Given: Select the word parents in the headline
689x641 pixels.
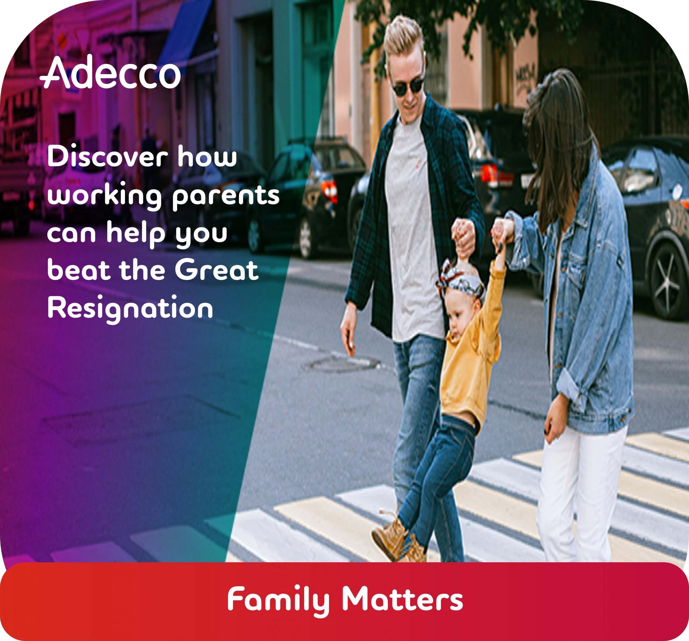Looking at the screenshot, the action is click(x=226, y=196).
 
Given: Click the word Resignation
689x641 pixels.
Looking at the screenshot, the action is click(x=130, y=308).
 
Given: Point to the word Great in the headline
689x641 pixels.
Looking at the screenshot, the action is click(x=217, y=270).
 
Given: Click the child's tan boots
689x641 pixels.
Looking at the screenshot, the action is click(x=399, y=536).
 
